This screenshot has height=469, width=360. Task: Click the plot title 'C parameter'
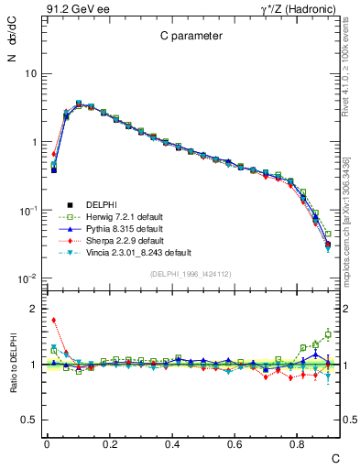point(186,38)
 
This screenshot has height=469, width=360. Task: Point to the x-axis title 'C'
point(335,457)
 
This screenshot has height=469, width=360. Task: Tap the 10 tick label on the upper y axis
point(31,73)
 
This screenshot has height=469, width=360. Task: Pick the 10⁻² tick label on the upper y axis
point(29,278)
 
